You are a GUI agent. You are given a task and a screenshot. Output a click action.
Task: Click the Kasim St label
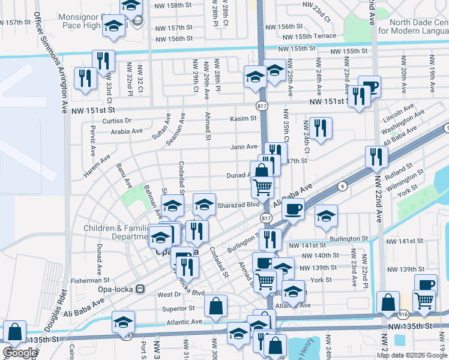[x=243, y=119]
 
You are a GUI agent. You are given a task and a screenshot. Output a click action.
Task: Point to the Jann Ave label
[x=244, y=147]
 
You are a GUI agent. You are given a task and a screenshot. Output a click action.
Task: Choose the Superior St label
[x=179, y=308]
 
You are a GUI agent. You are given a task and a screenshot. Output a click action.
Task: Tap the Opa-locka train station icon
[x=141, y=289]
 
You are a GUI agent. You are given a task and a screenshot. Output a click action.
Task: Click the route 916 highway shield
[x=403, y=314]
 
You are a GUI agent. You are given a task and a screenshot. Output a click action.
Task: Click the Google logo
[x=19, y=353]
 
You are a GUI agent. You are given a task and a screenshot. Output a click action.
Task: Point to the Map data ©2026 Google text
[x=411, y=355]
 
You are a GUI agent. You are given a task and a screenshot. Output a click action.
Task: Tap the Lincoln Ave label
[x=399, y=113]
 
